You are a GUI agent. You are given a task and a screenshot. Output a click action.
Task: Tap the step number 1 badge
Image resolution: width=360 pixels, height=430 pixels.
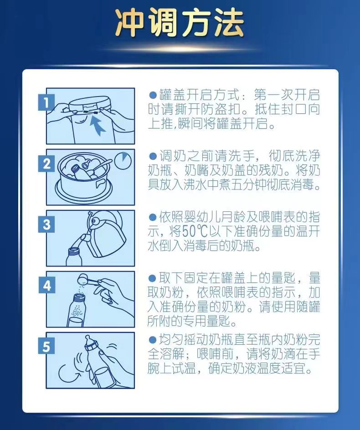[x=46, y=102]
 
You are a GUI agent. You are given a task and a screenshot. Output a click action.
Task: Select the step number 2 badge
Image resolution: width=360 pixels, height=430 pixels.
[x=46, y=164]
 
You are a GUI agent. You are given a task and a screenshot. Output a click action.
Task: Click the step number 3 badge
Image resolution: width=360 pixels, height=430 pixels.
[x=46, y=225]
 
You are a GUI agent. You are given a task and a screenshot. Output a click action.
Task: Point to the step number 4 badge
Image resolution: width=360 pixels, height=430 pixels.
[x=46, y=286]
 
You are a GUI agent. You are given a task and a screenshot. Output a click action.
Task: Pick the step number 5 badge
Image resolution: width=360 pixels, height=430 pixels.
[x=46, y=346]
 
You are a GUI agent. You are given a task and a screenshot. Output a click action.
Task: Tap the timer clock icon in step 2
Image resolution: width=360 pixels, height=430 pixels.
[x=123, y=161]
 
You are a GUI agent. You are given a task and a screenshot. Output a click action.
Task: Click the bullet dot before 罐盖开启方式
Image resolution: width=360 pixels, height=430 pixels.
[x=152, y=95]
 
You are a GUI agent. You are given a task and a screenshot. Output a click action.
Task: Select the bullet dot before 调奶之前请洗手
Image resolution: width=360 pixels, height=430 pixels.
[x=152, y=156]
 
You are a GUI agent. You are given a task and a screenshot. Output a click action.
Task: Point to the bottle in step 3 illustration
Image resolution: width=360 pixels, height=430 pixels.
[x=73, y=257]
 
